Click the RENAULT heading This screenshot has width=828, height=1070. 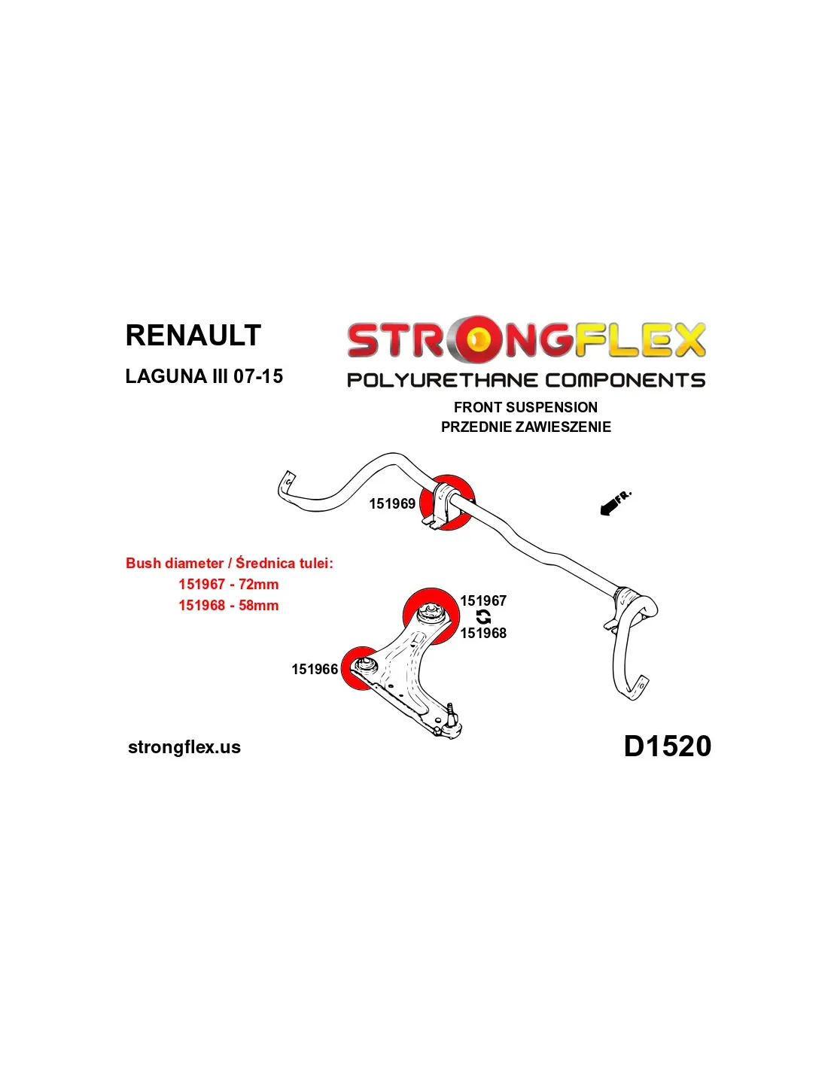(193, 336)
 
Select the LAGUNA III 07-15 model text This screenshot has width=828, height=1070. (204, 376)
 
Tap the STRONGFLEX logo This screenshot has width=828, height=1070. (526, 340)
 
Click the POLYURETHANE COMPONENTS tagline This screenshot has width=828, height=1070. (526, 380)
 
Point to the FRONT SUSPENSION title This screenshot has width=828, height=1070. (525, 407)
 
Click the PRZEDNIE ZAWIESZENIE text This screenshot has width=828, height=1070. (525, 427)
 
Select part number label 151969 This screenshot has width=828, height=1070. (392, 504)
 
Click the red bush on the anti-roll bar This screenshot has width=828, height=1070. (447, 503)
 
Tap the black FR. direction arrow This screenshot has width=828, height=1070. (614, 503)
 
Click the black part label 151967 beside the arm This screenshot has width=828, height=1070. (483, 600)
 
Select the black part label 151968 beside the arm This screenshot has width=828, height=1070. (483, 634)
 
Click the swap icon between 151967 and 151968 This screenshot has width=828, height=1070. (483, 617)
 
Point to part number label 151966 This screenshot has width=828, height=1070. (315, 670)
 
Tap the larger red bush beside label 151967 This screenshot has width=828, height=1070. (431, 616)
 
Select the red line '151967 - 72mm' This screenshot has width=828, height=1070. (228, 584)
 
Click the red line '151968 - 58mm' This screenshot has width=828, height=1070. (228, 605)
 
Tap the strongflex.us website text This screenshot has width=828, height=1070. (184, 747)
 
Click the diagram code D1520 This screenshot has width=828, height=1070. (667, 746)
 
